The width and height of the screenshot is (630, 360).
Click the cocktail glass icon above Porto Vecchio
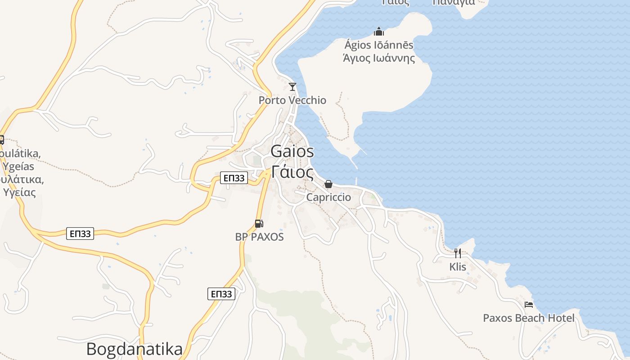pos(292,86)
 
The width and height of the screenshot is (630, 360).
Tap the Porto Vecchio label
pos(292,100)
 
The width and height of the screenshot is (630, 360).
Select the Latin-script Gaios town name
pos(292,152)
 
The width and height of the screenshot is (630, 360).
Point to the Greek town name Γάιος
pos(292,172)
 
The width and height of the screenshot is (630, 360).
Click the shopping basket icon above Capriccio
pos(328,184)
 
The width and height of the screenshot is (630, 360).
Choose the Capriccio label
pos(328,198)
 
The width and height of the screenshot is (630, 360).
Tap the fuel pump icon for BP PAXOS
pos(259,223)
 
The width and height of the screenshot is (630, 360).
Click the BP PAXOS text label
pos(260,237)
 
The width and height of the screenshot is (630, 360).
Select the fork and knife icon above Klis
pos(457,253)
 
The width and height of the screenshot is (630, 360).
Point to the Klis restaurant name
pos(458,267)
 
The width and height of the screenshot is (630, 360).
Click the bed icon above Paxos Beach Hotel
pos(529,305)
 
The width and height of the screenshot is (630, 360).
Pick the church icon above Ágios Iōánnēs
pos(379,31)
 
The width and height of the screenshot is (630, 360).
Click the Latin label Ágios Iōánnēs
pos(379,45)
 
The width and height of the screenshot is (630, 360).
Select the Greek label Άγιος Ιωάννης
pos(379,58)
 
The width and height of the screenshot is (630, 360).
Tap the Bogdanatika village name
pos(134,349)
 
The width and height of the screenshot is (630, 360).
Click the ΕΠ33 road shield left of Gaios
pos(234,178)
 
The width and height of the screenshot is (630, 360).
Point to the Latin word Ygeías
pos(18,166)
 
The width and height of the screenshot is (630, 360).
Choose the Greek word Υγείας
pos(19,193)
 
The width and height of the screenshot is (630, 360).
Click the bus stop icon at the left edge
pos(1,139)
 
